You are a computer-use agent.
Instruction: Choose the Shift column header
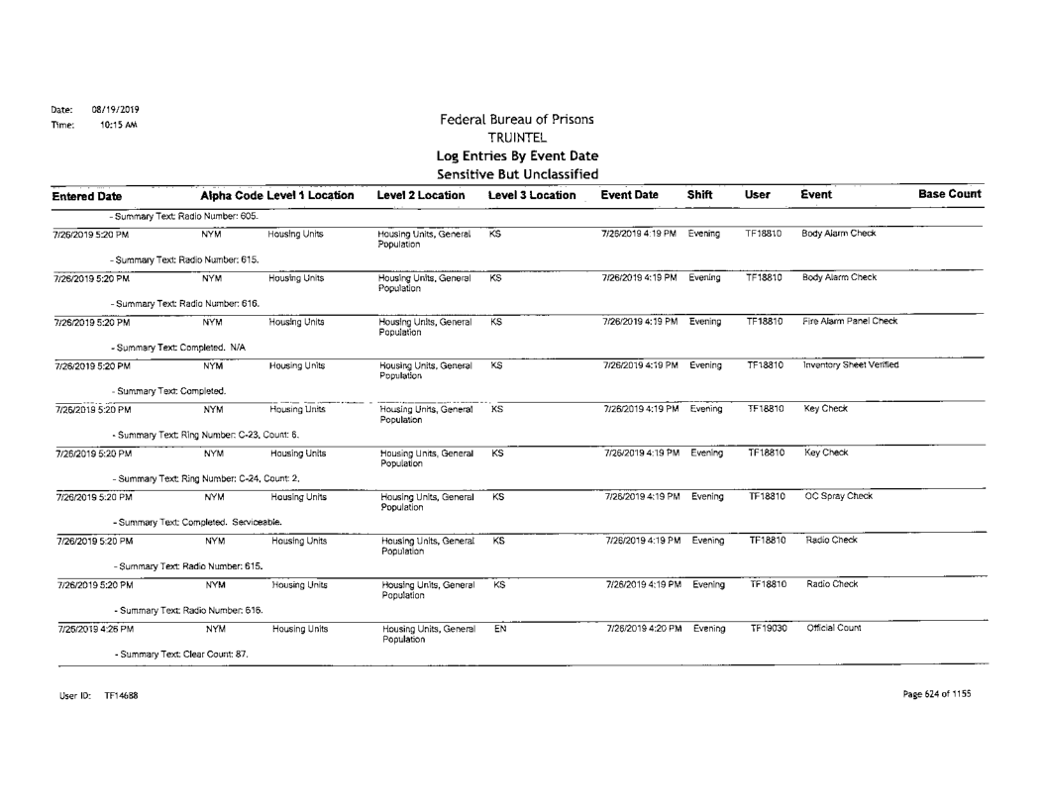701,195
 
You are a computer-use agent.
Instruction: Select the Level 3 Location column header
530,195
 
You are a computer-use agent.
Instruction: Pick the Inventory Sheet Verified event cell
843,365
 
